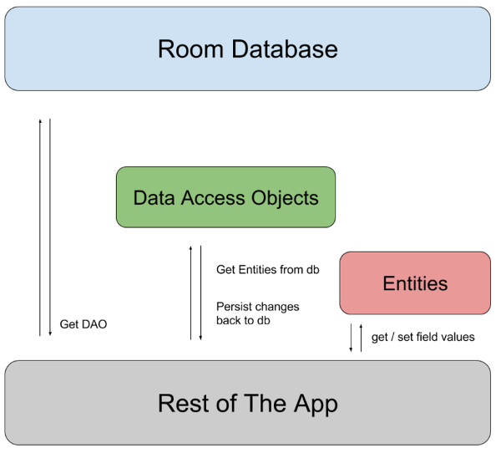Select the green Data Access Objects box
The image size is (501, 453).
tap(225, 197)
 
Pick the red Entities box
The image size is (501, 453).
tap(415, 282)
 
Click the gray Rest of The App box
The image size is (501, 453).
tap(248, 403)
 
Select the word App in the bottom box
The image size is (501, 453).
tap(314, 405)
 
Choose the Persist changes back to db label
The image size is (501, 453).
tap(257, 313)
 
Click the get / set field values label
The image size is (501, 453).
tap(423, 337)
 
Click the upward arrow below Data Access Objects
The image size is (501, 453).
tap(191, 293)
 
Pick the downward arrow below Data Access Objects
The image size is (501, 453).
tap(201, 293)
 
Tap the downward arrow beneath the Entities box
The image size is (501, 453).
tap(351, 336)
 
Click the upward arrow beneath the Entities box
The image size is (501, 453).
tap(361, 336)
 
